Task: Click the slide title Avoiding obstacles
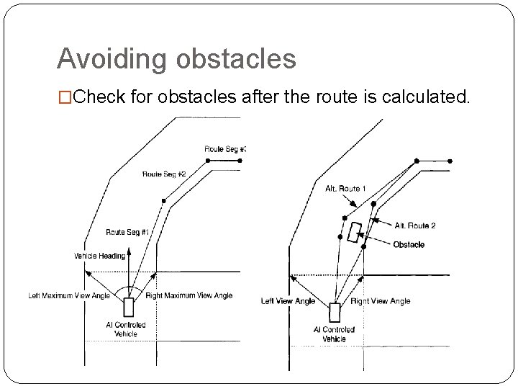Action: pyautogui.click(x=176, y=59)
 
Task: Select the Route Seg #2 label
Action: pyautogui.click(x=164, y=174)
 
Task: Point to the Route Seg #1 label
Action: pyautogui.click(x=127, y=232)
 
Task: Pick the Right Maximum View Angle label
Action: pyautogui.click(x=188, y=295)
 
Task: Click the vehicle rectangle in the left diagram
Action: pyautogui.click(x=129, y=307)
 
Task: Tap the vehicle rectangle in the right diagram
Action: pyautogui.click(x=335, y=313)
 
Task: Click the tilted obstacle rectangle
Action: pyautogui.click(x=354, y=233)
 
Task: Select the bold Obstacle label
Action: pyautogui.click(x=409, y=245)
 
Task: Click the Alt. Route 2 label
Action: pyautogui.click(x=415, y=226)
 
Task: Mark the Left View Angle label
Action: pyautogui.click(x=288, y=301)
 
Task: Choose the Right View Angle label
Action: pyautogui.click(x=380, y=301)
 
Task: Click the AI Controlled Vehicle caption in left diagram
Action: pyautogui.click(x=126, y=329)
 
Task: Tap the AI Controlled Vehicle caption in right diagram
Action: pyautogui.click(x=334, y=334)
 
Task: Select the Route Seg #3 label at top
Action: pyautogui.click(x=225, y=149)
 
